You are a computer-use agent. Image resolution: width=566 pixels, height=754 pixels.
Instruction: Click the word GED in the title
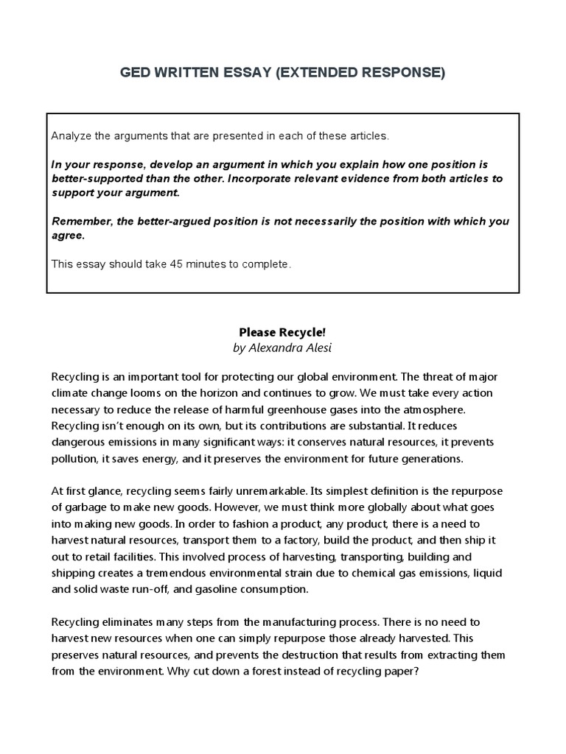(137, 74)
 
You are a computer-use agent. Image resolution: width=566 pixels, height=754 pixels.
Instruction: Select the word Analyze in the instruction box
(71, 136)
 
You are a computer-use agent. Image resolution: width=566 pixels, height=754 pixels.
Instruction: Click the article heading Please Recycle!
(282, 333)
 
